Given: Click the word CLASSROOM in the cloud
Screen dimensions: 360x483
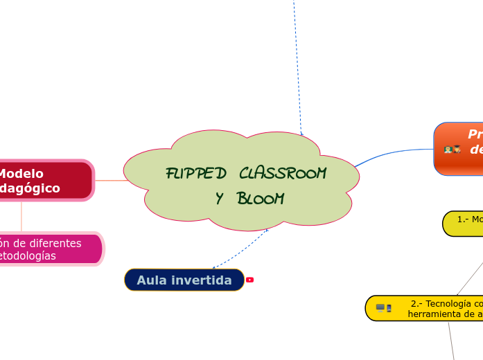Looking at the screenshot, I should pyautogui.click(x=282, y=173).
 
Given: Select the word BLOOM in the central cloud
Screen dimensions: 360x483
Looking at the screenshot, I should pyautogui.click(x=260, y=199).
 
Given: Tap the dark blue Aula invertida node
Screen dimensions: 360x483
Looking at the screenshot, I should pyautogui.click(x=184, y=280).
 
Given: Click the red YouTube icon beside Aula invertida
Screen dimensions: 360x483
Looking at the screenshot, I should pyautogui.click(x=250, y=280).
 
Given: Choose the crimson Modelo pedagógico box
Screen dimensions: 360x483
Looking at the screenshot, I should pyautogui.click(x=46, y=181).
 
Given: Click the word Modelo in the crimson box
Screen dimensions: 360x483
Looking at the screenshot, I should pyautogui.click(x=21, y=174).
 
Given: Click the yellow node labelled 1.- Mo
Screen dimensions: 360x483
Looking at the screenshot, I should pyautogui.click(x=463, y=223).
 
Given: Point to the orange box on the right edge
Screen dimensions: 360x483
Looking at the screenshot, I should pyautogui.click(x=459, y=149).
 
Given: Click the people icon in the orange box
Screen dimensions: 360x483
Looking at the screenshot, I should pyautogui.click(x=453, y=150).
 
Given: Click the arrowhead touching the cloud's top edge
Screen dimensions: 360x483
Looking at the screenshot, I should pyautogui.click(x=301, y=133).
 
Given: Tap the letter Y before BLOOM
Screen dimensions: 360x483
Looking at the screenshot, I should pyautogui.click(x=220, y=199).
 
